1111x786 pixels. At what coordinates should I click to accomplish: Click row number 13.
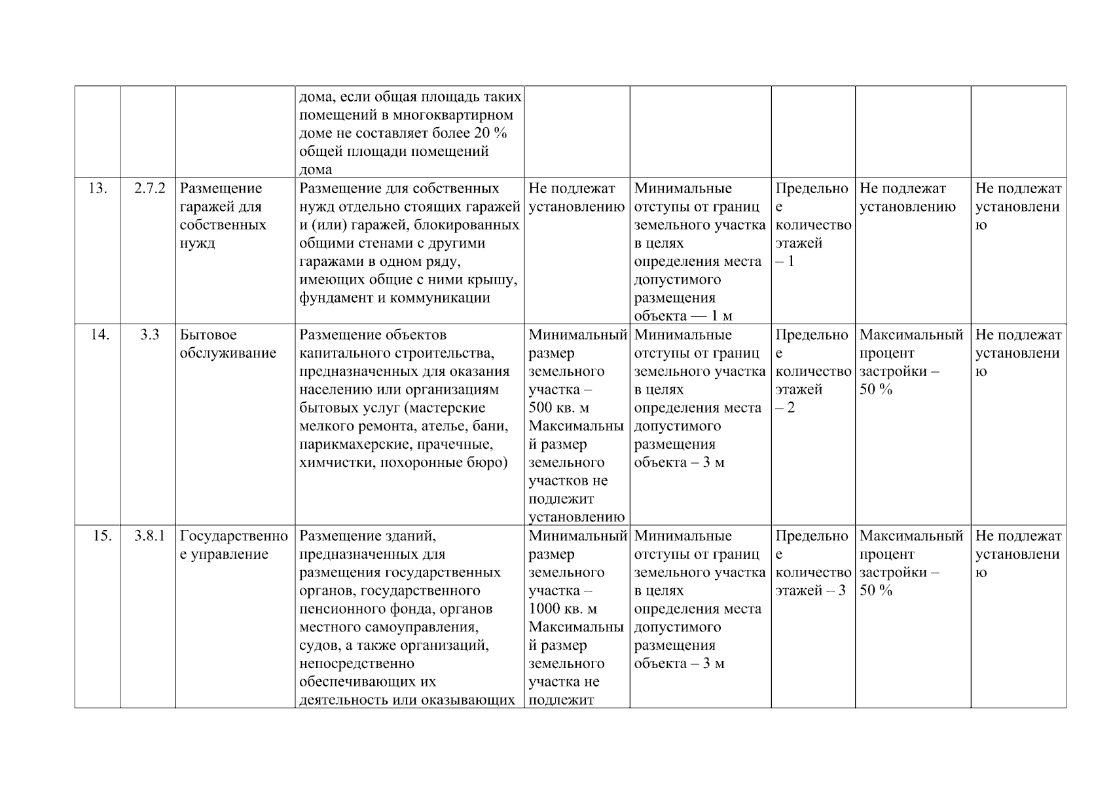click(98, 189)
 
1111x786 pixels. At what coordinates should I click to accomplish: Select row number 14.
click(100, 335)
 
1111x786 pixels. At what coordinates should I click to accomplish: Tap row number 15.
click(101, 536)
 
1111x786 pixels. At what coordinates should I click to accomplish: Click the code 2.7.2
click(149, 189)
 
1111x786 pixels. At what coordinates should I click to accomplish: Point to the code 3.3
click(149, 335)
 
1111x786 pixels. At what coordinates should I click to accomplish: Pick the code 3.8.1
click(149, 536)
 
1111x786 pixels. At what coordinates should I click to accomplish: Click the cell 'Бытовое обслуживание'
click(228, 345)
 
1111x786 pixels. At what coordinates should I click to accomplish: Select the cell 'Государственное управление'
click(234, 546)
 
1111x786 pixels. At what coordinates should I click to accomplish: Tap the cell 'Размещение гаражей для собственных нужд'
click(223, 216)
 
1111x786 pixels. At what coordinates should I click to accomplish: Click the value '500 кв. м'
click(558, 408)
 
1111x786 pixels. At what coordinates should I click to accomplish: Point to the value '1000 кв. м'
click(562, 609)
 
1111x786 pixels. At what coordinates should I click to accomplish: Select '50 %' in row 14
click(875, 390)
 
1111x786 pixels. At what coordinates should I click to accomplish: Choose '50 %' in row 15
click(875, 591)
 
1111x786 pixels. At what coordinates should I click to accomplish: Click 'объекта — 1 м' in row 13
click(683, 316)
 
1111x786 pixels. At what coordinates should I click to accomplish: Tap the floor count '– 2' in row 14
click(785, 408)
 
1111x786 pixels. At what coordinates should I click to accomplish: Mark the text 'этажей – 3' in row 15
click(810, 591)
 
